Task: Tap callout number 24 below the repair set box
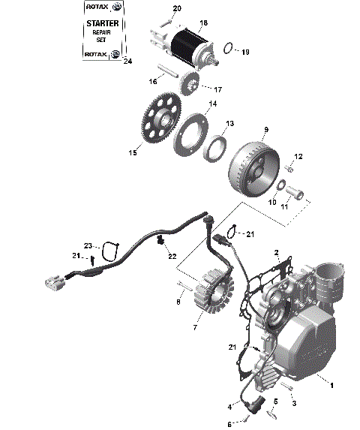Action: [x=126, y=62]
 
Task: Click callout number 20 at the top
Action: [x=177, y=8]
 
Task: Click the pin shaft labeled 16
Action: [x=172, y=74]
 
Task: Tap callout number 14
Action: [x=213, y=104]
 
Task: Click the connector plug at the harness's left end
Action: [x=52, y=281]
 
